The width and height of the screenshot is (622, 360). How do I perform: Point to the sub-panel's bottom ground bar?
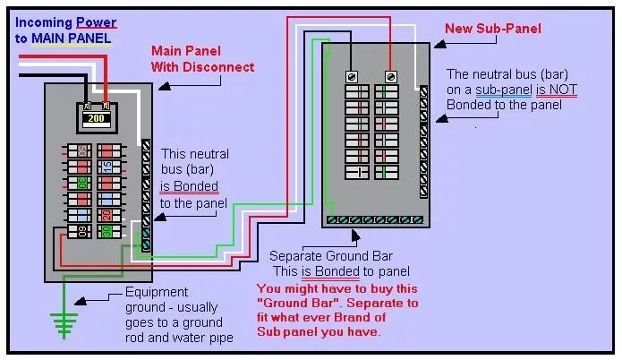click(373, 219)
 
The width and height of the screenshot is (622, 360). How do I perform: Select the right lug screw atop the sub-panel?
click(391, 76)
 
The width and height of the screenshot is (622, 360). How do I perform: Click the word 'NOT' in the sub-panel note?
click(552, 90)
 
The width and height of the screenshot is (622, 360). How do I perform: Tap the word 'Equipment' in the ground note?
click(157, 292)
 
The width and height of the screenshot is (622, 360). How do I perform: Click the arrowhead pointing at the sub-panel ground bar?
click(356, 236)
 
